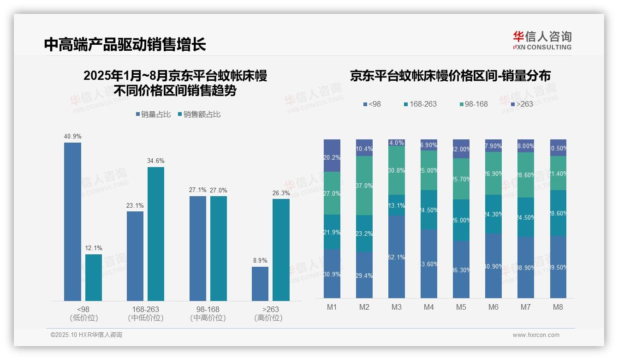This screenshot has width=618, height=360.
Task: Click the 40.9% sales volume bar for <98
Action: click(72, 222)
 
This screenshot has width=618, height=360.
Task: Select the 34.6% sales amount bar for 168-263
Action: click(156, 234)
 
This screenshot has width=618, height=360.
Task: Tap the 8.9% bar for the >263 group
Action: click(260, 283)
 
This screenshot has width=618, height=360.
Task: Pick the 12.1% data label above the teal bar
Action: click(94, 248)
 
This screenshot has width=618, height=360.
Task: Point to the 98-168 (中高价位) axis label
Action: click(208, 313)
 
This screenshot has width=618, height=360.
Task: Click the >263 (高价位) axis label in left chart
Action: click(270, 313)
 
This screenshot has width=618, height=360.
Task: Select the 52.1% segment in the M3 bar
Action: click(397, 257)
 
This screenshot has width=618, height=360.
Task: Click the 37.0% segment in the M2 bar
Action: click(364, 186)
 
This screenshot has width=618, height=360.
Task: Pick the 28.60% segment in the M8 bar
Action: click(558, 213)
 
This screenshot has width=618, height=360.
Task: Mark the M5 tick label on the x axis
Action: click(461, 307)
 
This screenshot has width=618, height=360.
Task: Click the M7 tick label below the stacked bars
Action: click(526, 307)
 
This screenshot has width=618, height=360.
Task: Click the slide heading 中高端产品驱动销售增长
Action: click(125, 44)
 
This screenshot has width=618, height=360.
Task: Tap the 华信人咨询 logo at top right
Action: click(542, 40)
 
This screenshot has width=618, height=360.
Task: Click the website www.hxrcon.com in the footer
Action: click(536, 335)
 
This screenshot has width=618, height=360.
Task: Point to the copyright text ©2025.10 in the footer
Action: click(86, 335)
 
